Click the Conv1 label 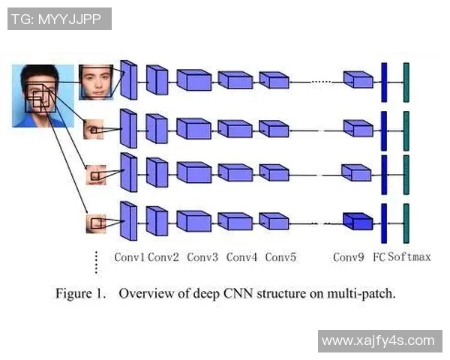coord(130,257)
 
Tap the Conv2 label coord(163,257)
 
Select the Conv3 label coord(202,257)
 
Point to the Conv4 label coord(241,257)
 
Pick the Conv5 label coord(280,257)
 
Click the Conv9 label coord(348,257)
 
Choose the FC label coord(379,257)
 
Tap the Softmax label coord(409,257)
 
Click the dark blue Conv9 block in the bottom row coord(358,221)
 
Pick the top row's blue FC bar coord(384,81)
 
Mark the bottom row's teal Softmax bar coord(406,222)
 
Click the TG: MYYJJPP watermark coord(59,19)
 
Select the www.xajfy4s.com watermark coord(378,341)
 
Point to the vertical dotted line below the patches coord(96,262)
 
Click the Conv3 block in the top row coord(193,79)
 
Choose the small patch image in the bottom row coord(96,223)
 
